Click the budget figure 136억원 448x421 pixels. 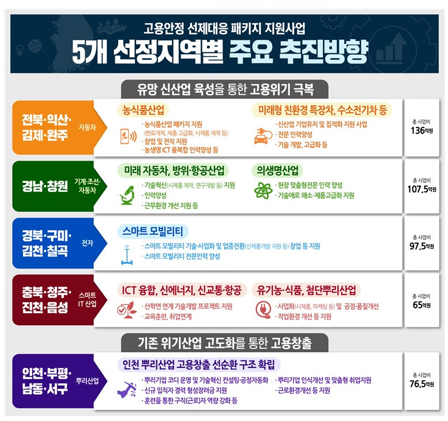point(421,130)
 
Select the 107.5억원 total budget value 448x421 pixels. point(421,189)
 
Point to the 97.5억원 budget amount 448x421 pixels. point(421,246)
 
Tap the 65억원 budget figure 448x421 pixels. point(421,305)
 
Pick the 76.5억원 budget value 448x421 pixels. point(421,384)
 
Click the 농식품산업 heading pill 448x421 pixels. point(141,110)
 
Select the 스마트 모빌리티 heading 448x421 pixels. point(152,231)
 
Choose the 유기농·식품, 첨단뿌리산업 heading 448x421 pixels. point(307,290)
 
